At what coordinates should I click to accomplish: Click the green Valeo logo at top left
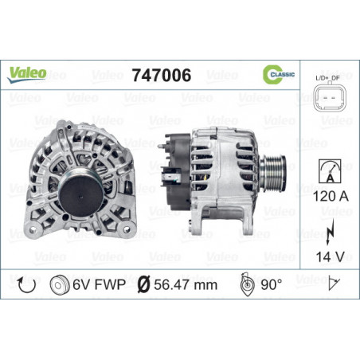coord(27,74)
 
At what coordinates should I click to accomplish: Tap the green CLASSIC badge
coord(279,74)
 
